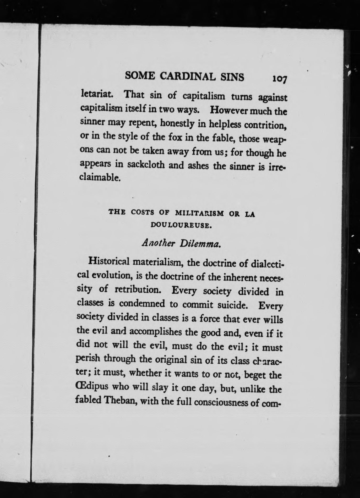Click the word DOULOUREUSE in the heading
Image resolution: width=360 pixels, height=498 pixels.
point(181,225)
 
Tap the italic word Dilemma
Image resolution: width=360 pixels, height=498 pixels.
point(199,244)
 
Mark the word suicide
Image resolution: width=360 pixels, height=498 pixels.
point(233,305)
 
